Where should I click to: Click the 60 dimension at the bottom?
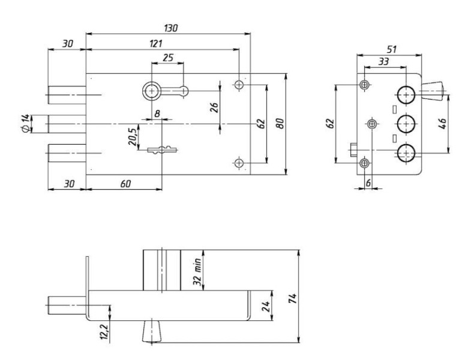[125, 184]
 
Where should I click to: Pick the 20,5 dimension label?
[131, 135]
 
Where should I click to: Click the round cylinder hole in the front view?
[151, 91]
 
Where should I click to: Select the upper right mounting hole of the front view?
[239, 85]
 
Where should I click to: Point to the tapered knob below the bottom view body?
[151, 331]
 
